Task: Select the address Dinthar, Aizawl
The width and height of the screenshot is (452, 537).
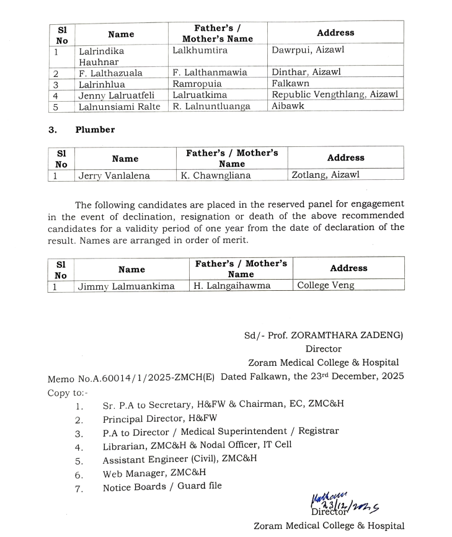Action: (306, 73)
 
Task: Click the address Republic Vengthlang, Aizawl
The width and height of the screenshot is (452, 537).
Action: (335, 95)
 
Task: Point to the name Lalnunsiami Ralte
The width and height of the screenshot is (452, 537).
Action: (119, 106)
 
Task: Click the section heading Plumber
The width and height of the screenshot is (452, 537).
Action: (95, 130)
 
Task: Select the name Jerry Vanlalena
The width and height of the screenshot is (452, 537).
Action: (114, 175)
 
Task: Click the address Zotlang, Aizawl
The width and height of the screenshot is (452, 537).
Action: (326, 175)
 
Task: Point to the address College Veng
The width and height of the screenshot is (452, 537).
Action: (326, 286)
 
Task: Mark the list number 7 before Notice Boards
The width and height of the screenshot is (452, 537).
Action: (79, 488)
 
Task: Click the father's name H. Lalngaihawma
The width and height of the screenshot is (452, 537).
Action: (231, 286)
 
